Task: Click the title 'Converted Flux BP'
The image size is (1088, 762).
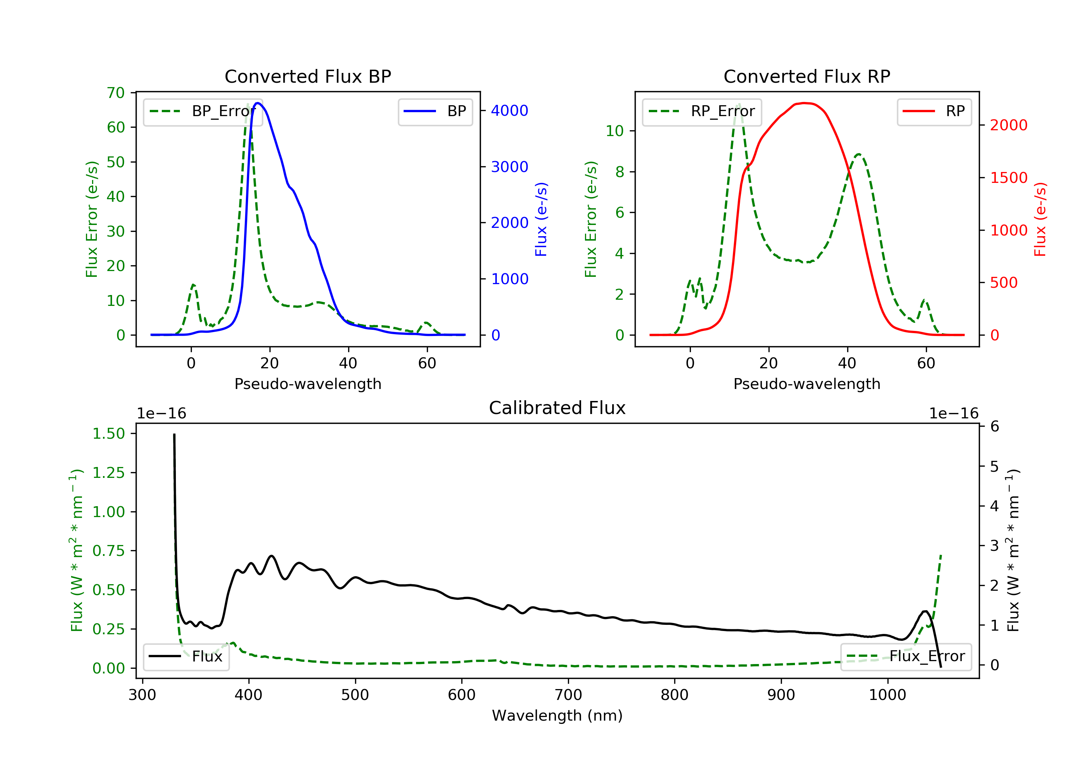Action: click(308, 76)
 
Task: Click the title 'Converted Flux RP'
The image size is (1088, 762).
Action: click(807, 76)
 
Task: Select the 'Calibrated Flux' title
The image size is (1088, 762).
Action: click(557, 408)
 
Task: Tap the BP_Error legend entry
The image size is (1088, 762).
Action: click(202, 111)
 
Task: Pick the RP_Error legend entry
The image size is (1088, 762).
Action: click(702, 111)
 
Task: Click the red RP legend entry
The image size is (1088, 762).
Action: click(934, 111)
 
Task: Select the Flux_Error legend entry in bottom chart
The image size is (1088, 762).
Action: click(906, 656)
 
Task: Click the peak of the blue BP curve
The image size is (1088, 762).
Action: click(258, 103)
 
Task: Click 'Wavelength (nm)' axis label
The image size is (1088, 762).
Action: click(557, 716)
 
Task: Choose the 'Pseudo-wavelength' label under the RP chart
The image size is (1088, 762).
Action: click(807, 384)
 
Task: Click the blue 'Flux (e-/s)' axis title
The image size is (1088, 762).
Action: click(541, 219)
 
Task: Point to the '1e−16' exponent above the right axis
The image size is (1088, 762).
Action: click(953, 414)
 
